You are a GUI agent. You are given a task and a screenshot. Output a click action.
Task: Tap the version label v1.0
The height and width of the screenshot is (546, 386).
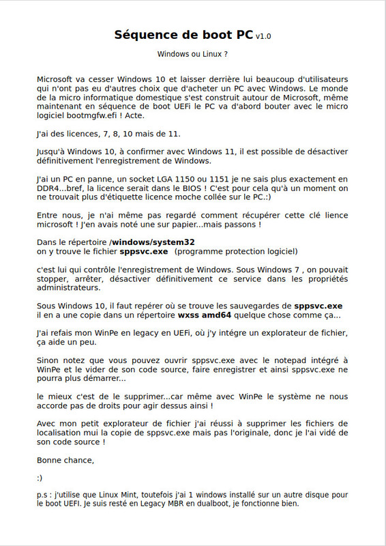(263, 36)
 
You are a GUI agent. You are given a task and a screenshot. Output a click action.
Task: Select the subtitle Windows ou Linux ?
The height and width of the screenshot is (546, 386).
(192, 53)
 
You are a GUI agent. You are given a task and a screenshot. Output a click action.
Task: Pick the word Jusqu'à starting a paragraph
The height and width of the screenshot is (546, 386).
(53, 151)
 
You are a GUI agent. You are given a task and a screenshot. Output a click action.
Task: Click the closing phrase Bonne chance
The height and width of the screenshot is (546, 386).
(65, 459)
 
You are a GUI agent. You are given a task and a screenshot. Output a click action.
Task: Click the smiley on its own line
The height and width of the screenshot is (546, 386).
(40, 477)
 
